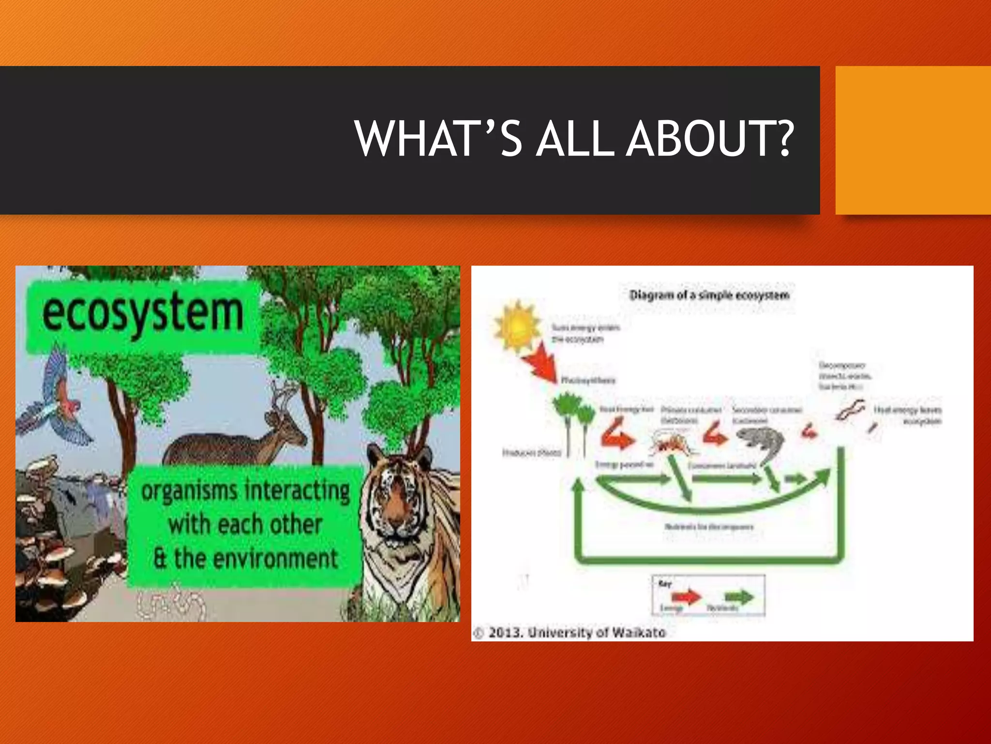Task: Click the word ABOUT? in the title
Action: (x=710, y=139)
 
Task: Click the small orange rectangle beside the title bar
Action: (x=913, y=140)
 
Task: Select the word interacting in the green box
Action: (x=298, y=491)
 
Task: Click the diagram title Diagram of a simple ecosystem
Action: (x=709, y=295)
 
